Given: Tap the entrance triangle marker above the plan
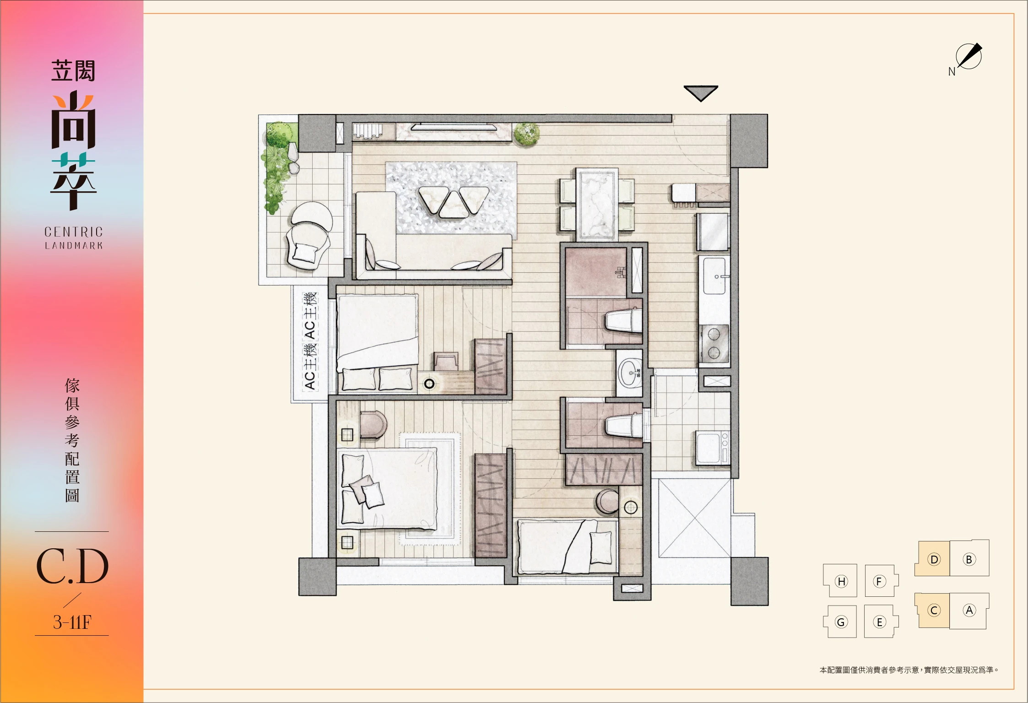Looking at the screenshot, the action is [701, 92].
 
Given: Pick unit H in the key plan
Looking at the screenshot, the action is [840, 581].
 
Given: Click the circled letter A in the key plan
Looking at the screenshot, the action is [969, 610].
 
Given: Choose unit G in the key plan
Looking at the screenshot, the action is [840, 622].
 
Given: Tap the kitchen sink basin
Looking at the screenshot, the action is [714, 276].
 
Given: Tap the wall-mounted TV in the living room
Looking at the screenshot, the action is [454, 126].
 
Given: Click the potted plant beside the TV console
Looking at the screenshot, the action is [526, 134].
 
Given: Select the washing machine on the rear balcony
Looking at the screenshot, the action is [713, 448].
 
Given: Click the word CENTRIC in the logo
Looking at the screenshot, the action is [74, 232].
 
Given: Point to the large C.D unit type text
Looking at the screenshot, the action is [72, 567].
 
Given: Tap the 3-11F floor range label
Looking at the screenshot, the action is [72, 622].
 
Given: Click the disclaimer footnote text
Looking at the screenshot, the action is [909, 670].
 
